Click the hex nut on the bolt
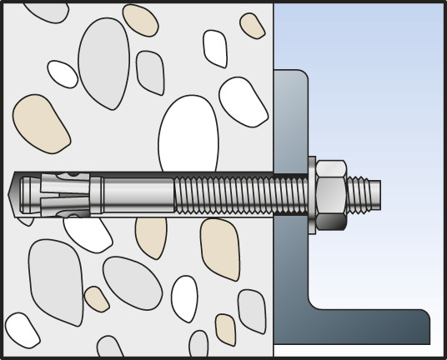pyautogui.click(x=332, y=193)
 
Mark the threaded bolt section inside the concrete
pyautogui.click(x=225, y=192)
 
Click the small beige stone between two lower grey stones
pyautogui.click(x=97, y=298)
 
